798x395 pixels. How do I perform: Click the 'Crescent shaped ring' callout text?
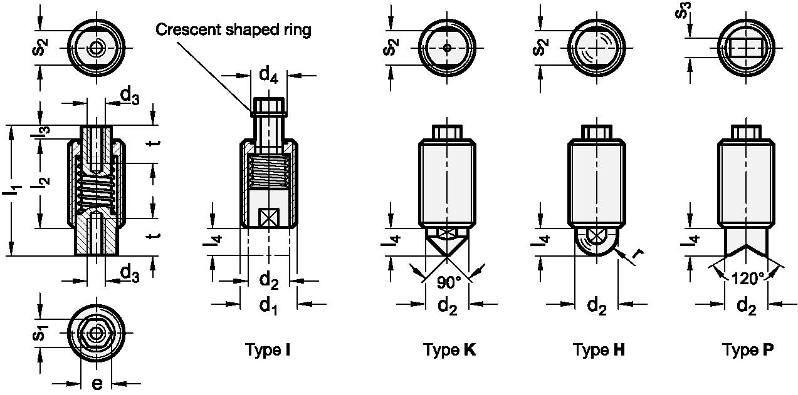click(233, 29)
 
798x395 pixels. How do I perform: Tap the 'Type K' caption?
click(449, 350)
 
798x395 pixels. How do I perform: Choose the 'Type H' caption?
click(599, 350)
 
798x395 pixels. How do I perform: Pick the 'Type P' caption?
click(747, 350)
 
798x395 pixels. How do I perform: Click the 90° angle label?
click(449, 283)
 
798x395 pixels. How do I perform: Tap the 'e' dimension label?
click(97, 384)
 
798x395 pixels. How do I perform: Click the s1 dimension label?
click(38, 334)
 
